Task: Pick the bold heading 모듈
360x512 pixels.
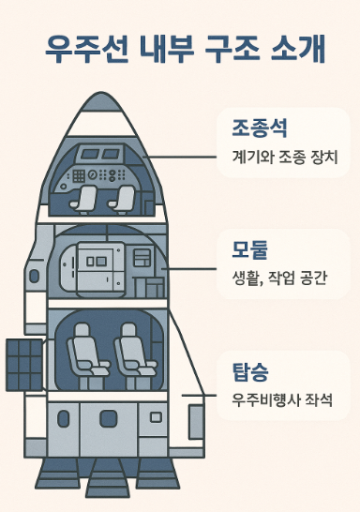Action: point(249,249)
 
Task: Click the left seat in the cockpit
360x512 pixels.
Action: point(88,198)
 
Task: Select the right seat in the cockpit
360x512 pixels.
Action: point(122,198)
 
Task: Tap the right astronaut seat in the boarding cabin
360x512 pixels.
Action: point(130,354)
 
